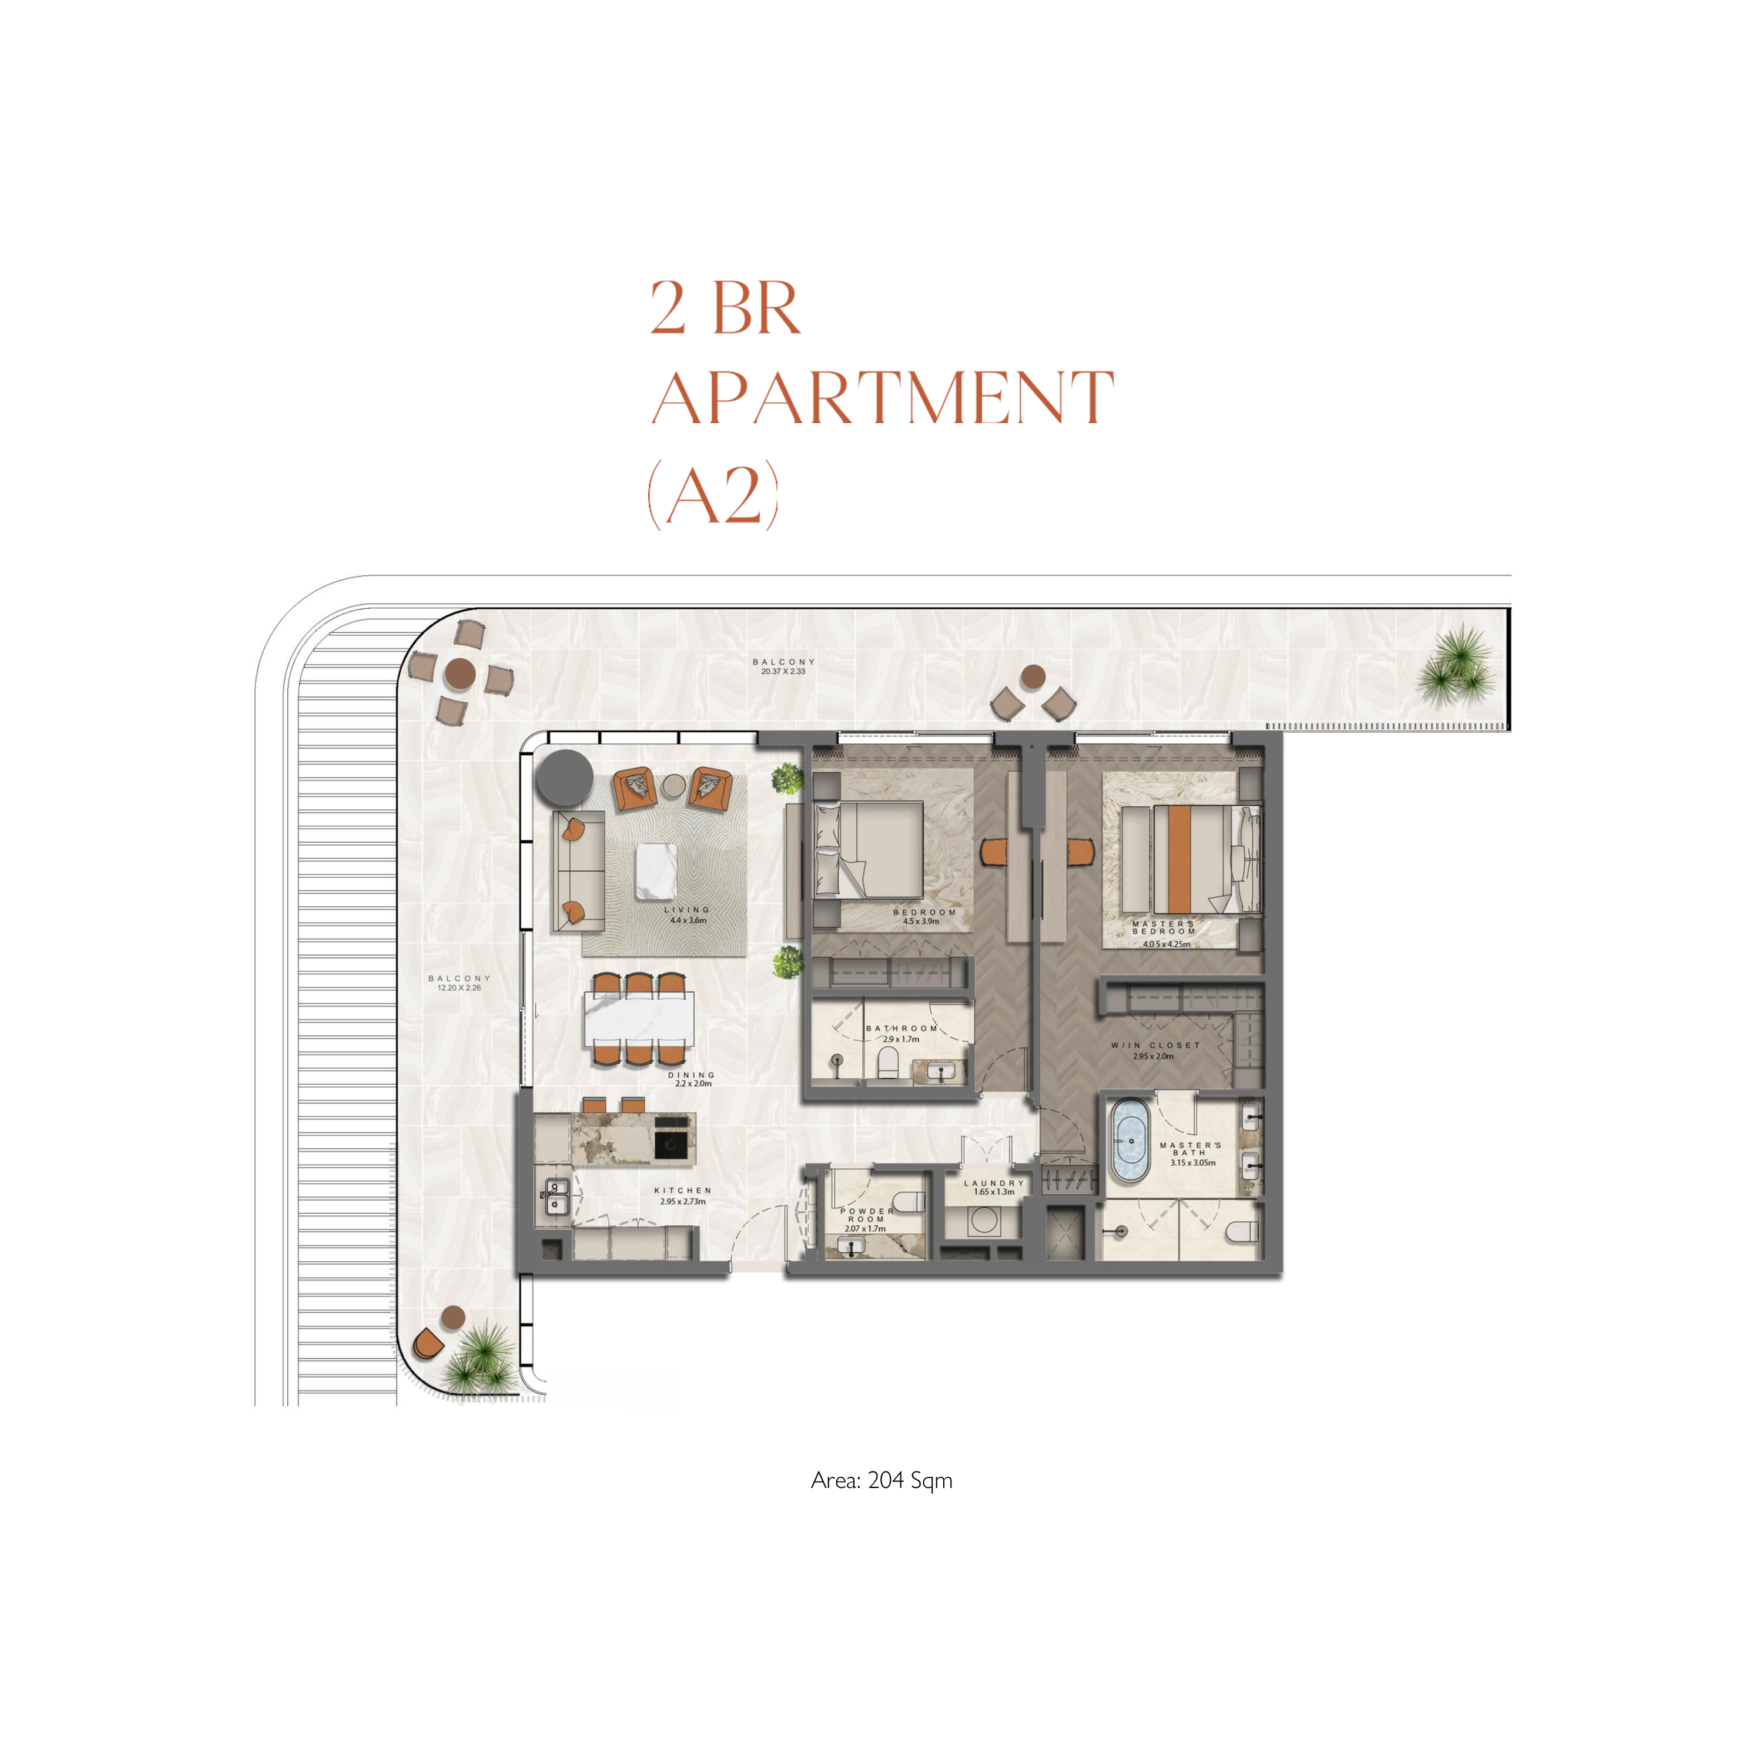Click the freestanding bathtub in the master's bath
pyautogui.click(x=1131, y=1142)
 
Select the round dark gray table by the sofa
pyautogui.click(x=565, y=777)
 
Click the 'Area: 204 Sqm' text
pyautogui.click(x=881, y=1480)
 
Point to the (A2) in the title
pyautogui.click(x=713, y=494)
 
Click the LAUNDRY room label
pyautogui.click(x=994, y=1182)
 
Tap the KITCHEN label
pyautogui.click(x=682, y=1191)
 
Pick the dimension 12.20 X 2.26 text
pyautogui.click(x=459, y=987)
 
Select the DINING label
pyautogui.click(x=692, y=1075)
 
